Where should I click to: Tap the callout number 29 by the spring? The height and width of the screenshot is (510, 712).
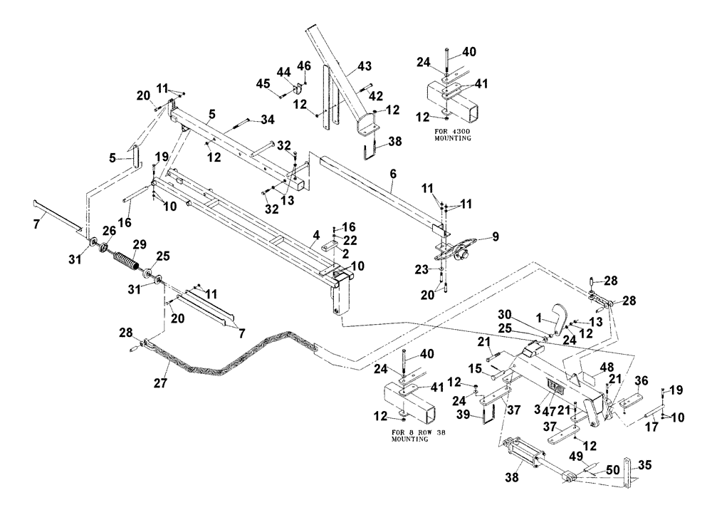(140, 244)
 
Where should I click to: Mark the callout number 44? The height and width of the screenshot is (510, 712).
(284, 73)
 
